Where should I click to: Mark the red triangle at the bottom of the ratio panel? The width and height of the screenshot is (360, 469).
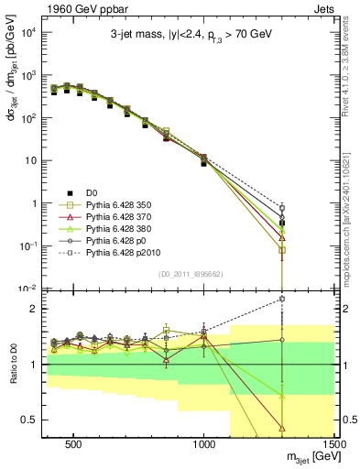[x=282, y=428]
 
